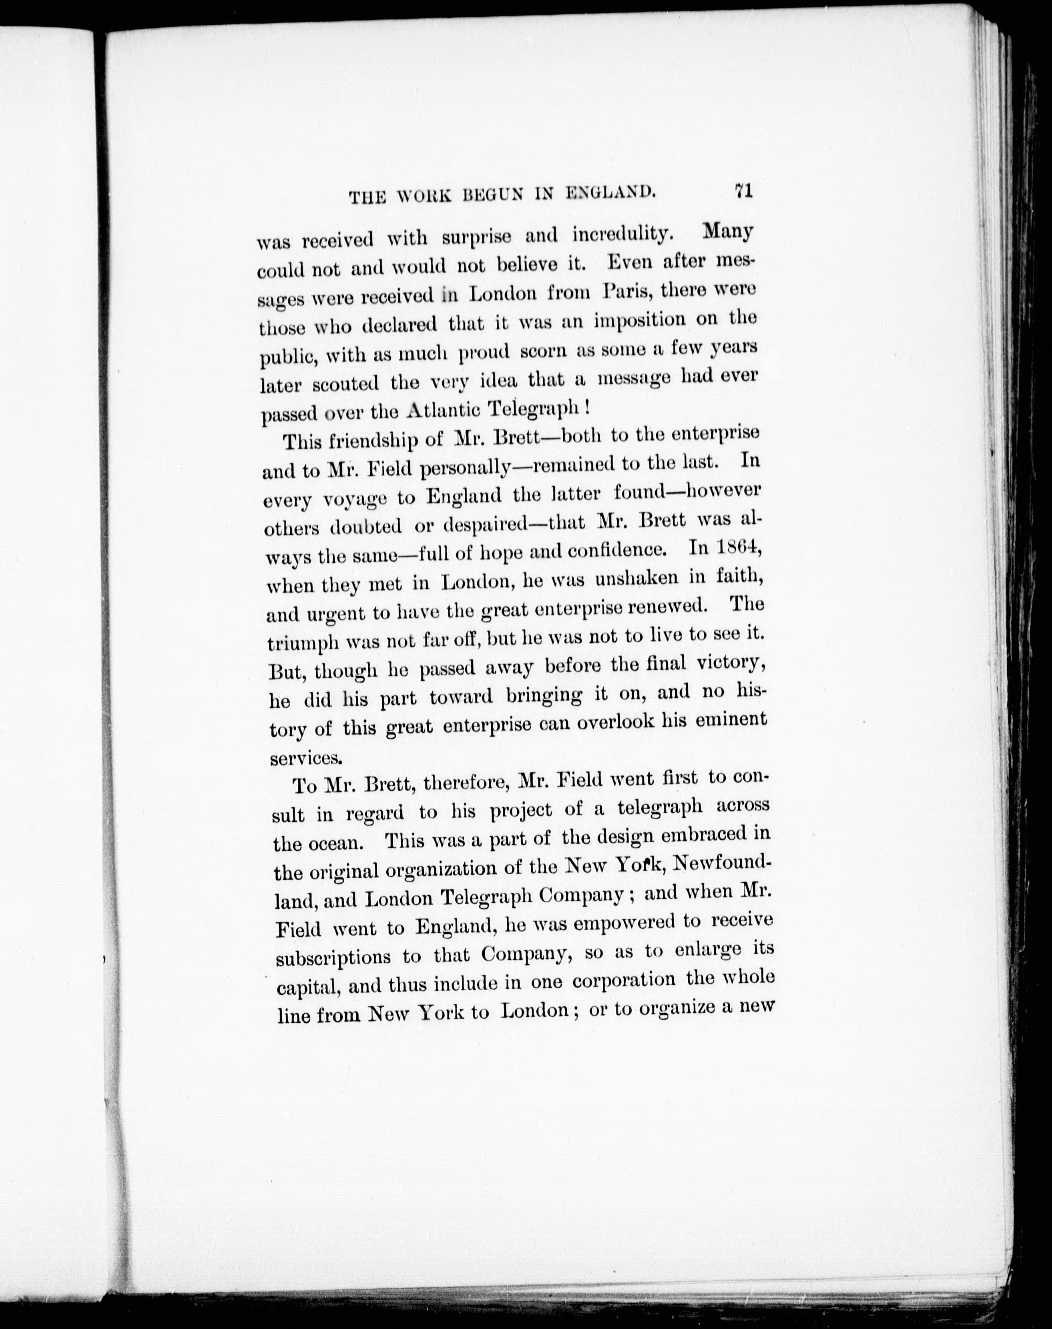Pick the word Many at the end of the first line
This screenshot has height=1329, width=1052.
coord(728,232)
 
